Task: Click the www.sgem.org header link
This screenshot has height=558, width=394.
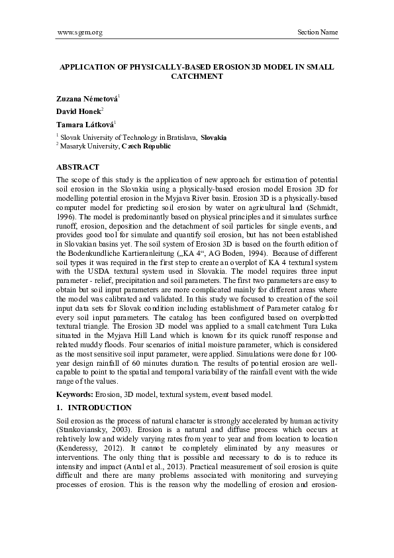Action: pos(79,32)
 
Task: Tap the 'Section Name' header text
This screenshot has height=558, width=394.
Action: pos(318,32)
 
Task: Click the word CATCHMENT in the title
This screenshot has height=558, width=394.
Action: pos(197,76)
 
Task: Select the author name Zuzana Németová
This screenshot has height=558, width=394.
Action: pos(87,99)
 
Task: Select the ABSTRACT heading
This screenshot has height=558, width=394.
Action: pos(78,167)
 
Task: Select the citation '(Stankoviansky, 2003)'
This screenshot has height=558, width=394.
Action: pos(91,430)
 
